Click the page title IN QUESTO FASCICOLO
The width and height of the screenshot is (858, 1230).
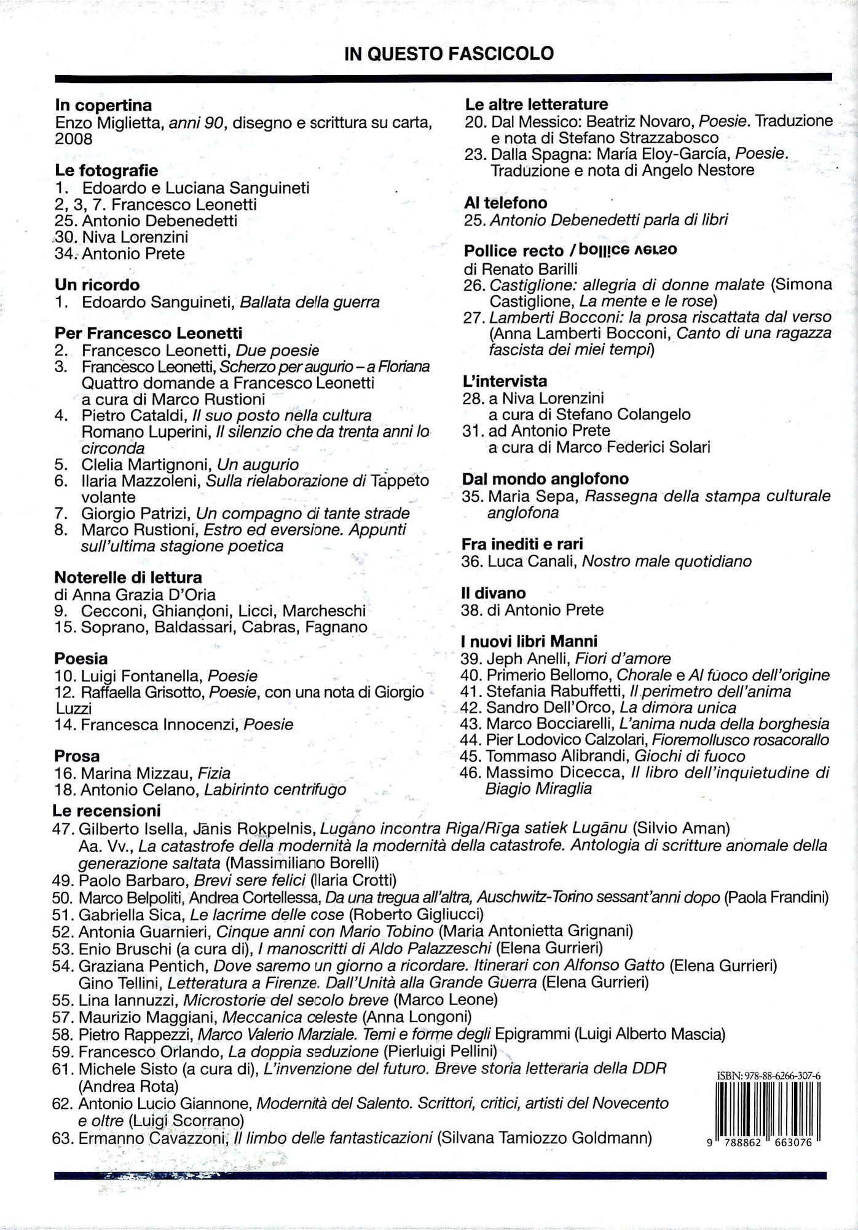pos(449,54)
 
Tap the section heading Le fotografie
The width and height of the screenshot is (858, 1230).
pos(106,170)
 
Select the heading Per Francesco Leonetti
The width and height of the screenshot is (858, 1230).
pos(148,333)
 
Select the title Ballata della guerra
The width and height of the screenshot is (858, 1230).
pos(309,302)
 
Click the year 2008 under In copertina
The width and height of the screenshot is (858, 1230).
pos(74,139)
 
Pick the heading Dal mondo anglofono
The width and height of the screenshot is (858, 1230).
pos(545,479)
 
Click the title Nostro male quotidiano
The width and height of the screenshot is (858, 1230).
pos(666,561)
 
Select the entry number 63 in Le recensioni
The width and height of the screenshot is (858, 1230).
pos(63,1138)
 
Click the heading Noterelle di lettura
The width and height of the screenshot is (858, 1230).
pos(128,577)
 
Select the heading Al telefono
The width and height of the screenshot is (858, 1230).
pos(505,203)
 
